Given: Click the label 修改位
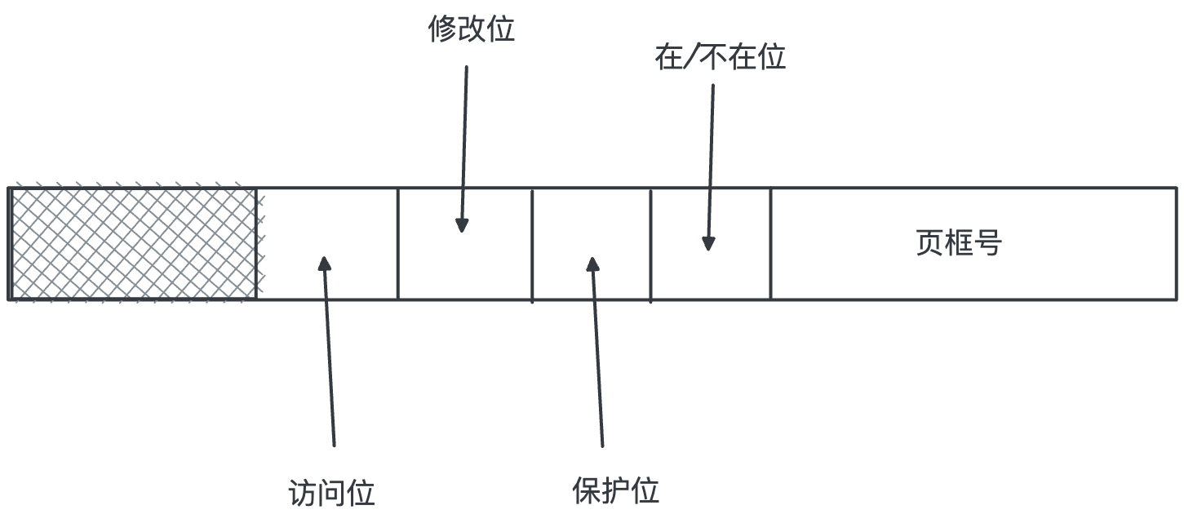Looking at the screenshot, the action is [471, 29].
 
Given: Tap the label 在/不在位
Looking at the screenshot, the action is [720, 56].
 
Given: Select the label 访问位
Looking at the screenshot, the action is [331, 493].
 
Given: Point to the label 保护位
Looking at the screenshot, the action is [616, 490].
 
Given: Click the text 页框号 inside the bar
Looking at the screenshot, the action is [958, 243].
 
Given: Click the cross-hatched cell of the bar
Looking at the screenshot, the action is [133, 243].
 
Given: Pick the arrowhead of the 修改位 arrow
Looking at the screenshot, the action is [462, 225].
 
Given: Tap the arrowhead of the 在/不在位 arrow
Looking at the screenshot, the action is [708, 243].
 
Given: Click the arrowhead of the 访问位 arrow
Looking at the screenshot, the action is [325, 263].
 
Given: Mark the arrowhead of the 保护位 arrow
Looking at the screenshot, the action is [592, 264].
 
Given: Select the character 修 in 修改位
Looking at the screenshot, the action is [442, 29].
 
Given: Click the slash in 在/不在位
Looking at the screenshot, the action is [692, 56].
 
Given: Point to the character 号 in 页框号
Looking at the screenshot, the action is [987, 243].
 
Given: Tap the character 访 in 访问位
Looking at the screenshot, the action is [303, 493].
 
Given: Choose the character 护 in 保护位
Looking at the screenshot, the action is [616, 490].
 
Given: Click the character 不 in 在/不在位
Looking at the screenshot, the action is [713, 56].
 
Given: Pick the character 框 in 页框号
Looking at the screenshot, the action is [958, 243].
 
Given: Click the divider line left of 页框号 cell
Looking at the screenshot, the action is [770, 243].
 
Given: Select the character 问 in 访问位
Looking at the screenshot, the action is [332, 493].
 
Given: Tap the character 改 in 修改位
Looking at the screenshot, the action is [472, 29].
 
